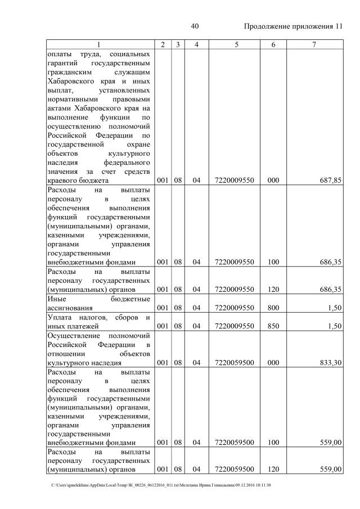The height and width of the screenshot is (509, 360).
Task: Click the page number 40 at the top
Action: click(195, 26)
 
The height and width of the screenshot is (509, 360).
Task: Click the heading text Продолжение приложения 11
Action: click(293, 26)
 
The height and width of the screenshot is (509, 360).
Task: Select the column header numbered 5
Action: click(234, 44)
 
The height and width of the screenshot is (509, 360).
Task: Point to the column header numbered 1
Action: click(99, 44)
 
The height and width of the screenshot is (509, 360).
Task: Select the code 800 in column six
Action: click(273, 308)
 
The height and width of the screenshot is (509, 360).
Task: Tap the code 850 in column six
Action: click(273, 326)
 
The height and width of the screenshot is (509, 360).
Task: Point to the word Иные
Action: click(57, 299)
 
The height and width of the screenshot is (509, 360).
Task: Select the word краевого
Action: click(63, 181)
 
